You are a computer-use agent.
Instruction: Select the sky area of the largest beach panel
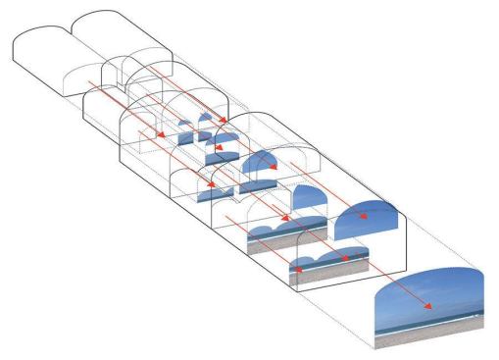pos(431,289)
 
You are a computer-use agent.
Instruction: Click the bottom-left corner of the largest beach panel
pos(376,348)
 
